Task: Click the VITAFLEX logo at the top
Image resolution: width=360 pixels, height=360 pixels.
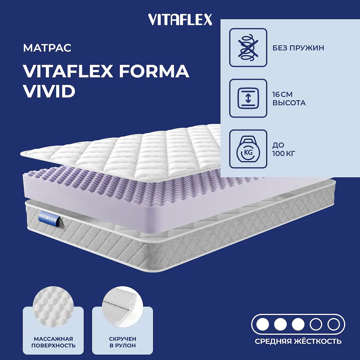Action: [x=180, y=19]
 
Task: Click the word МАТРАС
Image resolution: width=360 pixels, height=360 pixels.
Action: [x=47, y=48]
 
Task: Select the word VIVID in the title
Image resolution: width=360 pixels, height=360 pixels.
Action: [x=49, y=91]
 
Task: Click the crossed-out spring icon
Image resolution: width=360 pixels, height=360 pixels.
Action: [x=248, y=47]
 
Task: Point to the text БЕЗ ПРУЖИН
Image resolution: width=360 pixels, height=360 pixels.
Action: [x=298, y=48]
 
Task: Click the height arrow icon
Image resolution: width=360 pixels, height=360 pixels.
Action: [x=248, y=98]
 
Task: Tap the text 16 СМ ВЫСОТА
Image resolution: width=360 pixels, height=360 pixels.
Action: [x=289, y=99]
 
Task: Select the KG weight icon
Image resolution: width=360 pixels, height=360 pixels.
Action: [x=248, y=149]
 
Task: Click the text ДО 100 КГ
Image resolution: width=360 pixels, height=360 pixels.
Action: [x=284, y=149]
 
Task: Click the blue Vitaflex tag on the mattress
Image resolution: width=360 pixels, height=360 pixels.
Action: [x=49, y=218]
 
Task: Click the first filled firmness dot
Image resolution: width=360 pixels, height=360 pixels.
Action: [x=263, y=325]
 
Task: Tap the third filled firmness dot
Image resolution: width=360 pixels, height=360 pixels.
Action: [x=298, y=325]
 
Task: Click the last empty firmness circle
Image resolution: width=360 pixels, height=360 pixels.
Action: [x=334, y=325]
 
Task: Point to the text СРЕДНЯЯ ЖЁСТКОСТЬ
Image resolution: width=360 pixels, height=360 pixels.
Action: [x=298, y=341]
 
